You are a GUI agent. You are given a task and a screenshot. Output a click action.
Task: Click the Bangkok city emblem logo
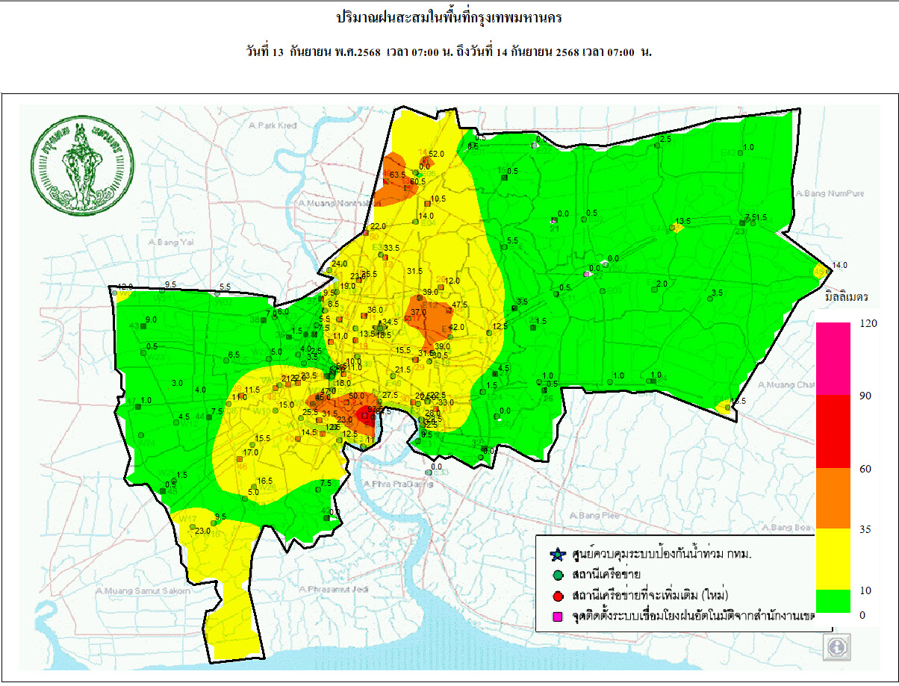click(x=81, y=166)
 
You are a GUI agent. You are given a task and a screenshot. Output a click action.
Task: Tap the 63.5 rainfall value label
click(x=397, y=175)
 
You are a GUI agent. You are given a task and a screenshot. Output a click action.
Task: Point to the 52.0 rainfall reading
click(x=436, y=154)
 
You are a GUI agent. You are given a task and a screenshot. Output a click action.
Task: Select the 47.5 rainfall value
click(x=460, y=305)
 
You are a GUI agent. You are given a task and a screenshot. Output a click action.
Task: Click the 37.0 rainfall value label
click(x=418, y=312)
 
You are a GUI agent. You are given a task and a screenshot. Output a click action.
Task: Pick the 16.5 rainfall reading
click(x=265, y=481)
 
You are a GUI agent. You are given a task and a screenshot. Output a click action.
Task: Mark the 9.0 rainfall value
click(x=151, y=319)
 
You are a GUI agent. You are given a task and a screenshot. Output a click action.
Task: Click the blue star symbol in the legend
click(x=556, y=555)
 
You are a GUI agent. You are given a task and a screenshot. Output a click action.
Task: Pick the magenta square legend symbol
click(x=556, y=616)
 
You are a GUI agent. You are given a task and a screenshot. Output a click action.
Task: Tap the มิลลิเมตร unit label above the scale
click(x=846, y=297)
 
